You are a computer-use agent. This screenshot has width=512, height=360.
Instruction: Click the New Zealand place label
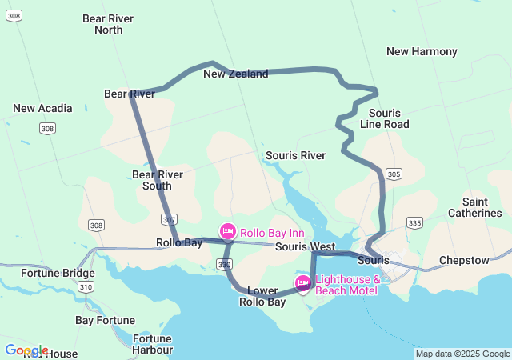235,74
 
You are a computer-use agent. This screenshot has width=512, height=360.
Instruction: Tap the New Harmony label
422,52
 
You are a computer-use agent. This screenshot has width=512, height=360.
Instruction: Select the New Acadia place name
42,108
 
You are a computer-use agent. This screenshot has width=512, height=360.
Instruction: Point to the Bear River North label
109,24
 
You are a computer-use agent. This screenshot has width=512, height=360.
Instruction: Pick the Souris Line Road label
384,118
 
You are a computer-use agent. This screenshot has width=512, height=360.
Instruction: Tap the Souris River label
295,155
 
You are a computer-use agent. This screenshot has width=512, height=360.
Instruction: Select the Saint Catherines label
481,207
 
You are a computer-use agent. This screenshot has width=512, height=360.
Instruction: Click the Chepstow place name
464,261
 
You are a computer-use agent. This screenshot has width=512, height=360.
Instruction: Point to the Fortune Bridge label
58,274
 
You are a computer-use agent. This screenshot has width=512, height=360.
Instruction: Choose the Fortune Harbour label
152,344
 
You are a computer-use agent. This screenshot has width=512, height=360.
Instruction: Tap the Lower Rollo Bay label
262,296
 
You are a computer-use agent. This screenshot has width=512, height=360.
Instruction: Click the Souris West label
305,247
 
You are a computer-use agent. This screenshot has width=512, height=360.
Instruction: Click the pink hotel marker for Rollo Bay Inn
228,232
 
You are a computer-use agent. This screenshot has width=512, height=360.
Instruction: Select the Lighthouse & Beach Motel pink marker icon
303,283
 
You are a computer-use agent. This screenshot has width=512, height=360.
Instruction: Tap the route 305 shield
393,174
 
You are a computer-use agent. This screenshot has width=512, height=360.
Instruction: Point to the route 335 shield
414,222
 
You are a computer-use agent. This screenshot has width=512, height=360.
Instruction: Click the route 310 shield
86,286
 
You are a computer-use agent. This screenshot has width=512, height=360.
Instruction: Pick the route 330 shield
225,264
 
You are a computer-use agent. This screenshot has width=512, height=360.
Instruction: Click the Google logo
26,350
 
